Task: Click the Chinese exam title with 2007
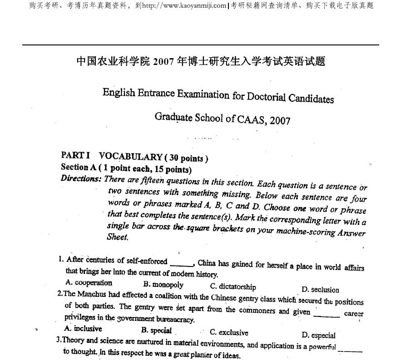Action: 201,61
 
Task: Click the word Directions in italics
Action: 81,178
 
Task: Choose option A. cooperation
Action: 89,282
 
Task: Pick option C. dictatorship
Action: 233,287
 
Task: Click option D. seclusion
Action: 320,290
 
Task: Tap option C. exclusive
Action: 229,332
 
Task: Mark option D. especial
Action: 318,335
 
